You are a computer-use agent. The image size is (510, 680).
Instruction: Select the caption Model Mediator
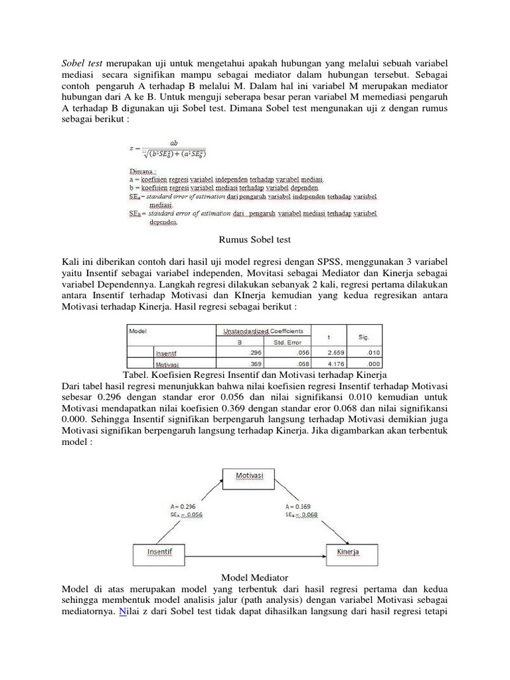tap(255, 578)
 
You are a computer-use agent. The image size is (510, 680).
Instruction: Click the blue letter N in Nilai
tap(122, 612)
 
